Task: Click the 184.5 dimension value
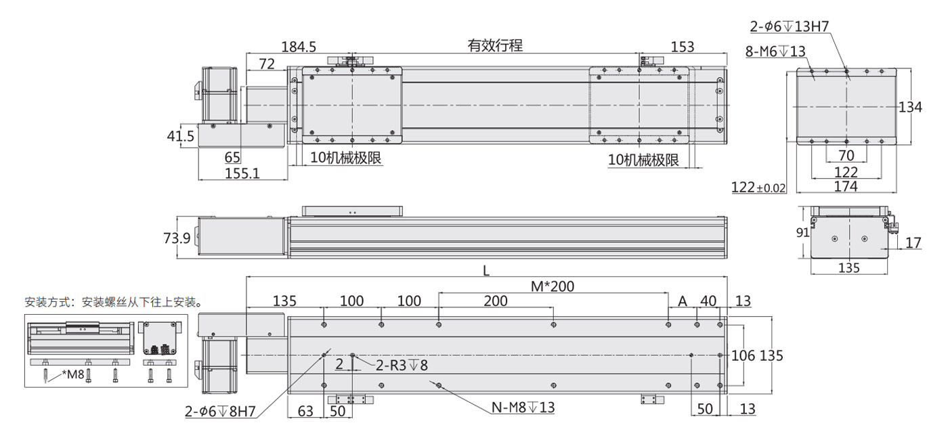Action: (x=299, y=47)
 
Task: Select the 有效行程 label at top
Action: (x=495, y=46)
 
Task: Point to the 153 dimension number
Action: (x=682, y=47)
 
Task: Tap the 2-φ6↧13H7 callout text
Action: (x=790, y=28)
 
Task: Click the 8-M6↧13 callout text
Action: (x=775, y=51)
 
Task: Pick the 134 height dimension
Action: (x=911, y=107)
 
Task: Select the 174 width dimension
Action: (x=846, y=186)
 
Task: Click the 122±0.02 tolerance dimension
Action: (x=759, y=188)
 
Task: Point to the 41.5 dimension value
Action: (x=181, y=136)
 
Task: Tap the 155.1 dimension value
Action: (x=242, y=173)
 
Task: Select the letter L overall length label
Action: (x=486, y=270)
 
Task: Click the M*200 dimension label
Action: (x=552, y=286)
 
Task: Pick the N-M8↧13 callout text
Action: (x=523, y=408)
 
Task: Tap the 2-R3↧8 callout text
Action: (x=402, y=366)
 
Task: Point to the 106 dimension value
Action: (x=744, y=355)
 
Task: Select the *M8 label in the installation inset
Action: (x=72, y=374)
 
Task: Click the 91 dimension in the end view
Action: (x=801, y=233)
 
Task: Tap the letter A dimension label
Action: (x=683, y=301)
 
